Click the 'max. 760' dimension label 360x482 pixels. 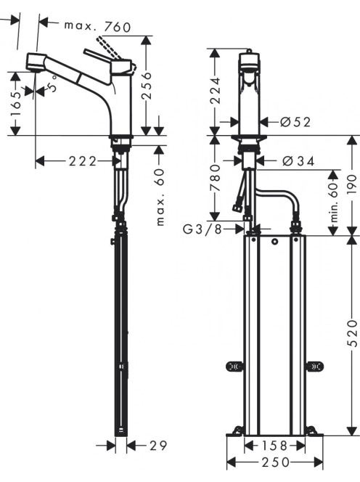point(97,26)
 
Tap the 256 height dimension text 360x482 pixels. point(147,86)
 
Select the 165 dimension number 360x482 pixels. point(16,105)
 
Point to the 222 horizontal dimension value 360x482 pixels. point(83,161)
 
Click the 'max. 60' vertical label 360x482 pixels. point(160,197)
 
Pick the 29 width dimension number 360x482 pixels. point(158,446)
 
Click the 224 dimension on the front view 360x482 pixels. point(215,91)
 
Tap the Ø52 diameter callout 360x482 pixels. point(295,123)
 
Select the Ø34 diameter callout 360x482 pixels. point(298,161)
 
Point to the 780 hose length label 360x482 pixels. point(215,178)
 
